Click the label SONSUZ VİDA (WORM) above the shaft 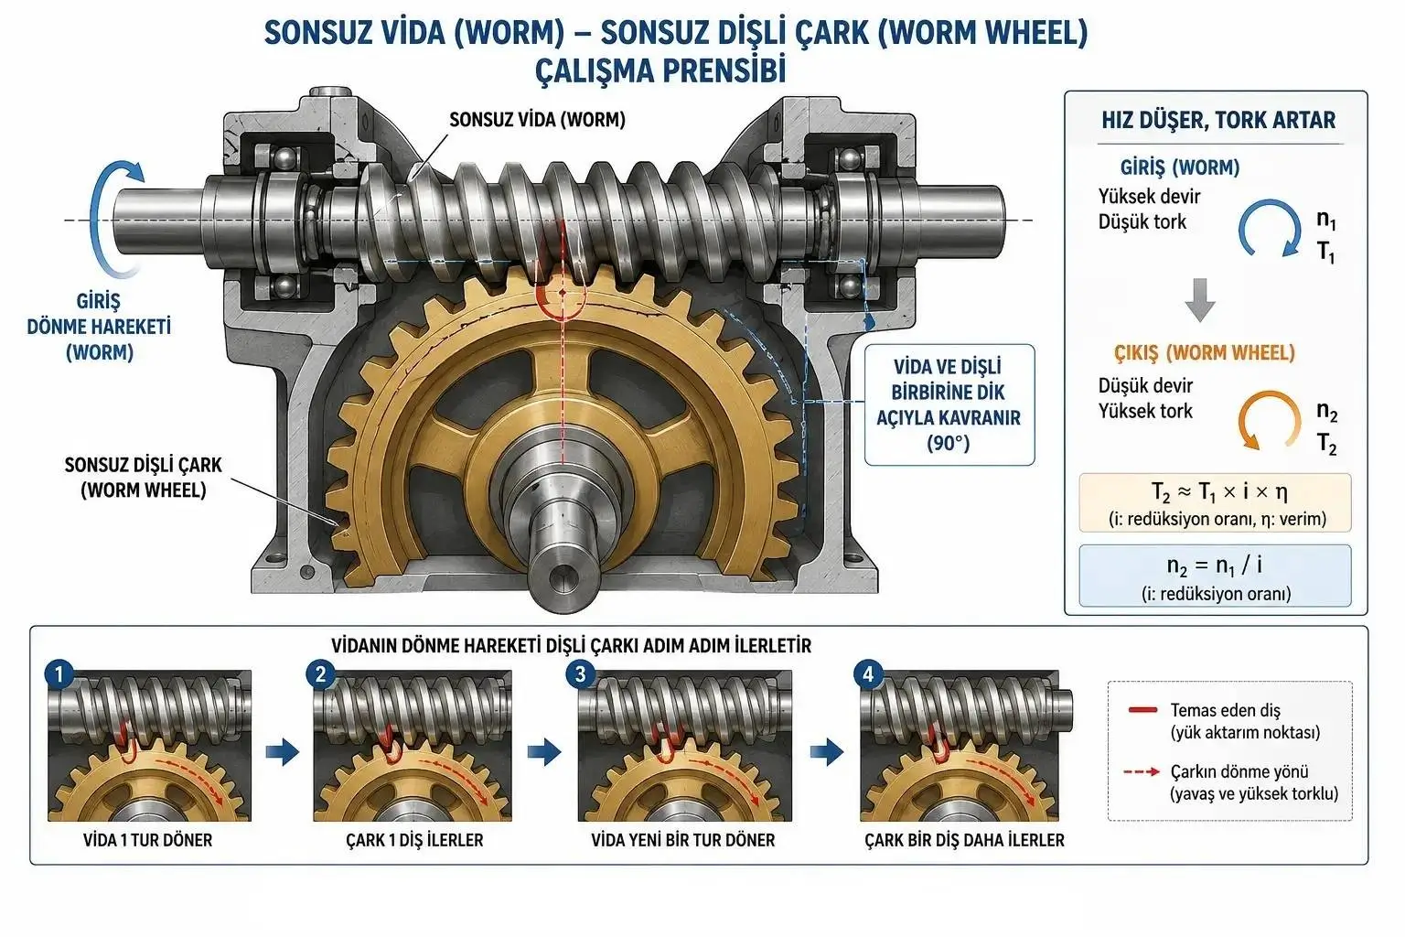(538, 120)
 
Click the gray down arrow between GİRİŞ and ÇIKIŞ (1200, 300)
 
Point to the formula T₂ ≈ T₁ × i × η (1219, 492)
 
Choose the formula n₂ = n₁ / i (1215, 565)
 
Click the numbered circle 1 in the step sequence (59, 674)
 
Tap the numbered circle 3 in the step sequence (581, 674)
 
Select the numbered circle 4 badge (869, 674)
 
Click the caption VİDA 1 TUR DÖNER (148, 840)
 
